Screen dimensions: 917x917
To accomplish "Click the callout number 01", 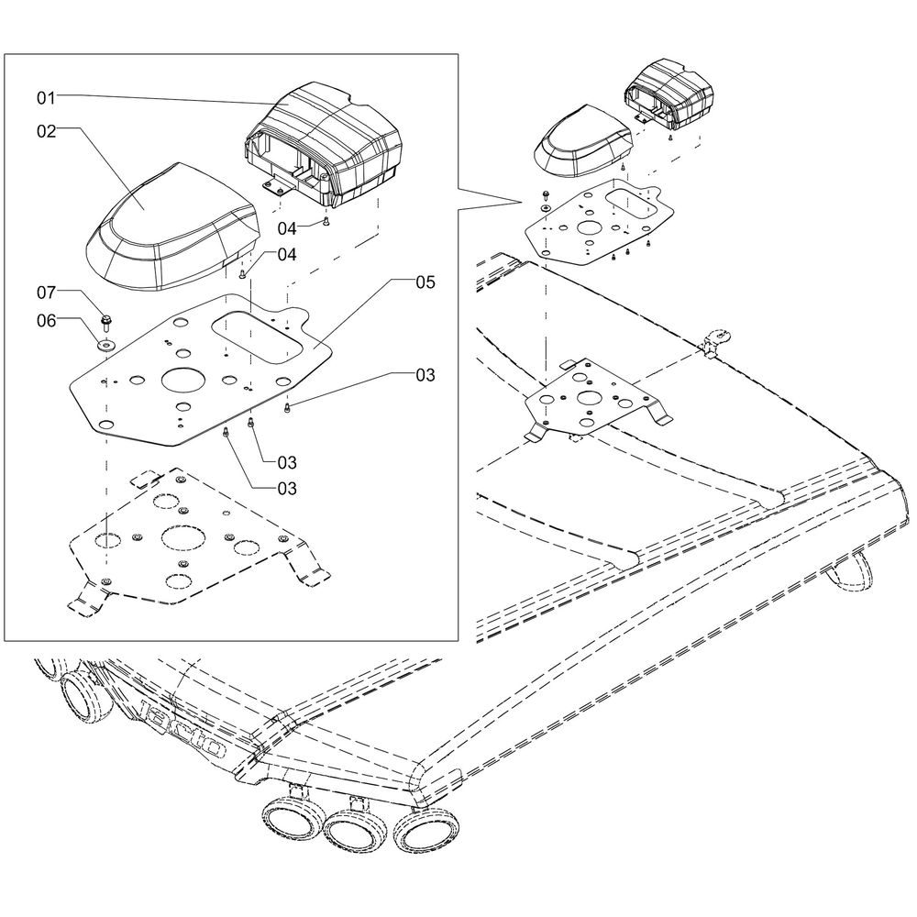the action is coord(46,98).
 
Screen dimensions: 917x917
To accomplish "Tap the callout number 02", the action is coord(46,131).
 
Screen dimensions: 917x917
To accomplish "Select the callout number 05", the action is coord(425,282).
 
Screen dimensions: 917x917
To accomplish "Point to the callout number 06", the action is coord(46,321).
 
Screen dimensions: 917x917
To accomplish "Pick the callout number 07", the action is coord(46,293).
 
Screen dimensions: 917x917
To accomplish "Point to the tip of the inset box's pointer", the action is coord(521,203).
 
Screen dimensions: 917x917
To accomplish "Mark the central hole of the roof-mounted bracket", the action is coord(588,398).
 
